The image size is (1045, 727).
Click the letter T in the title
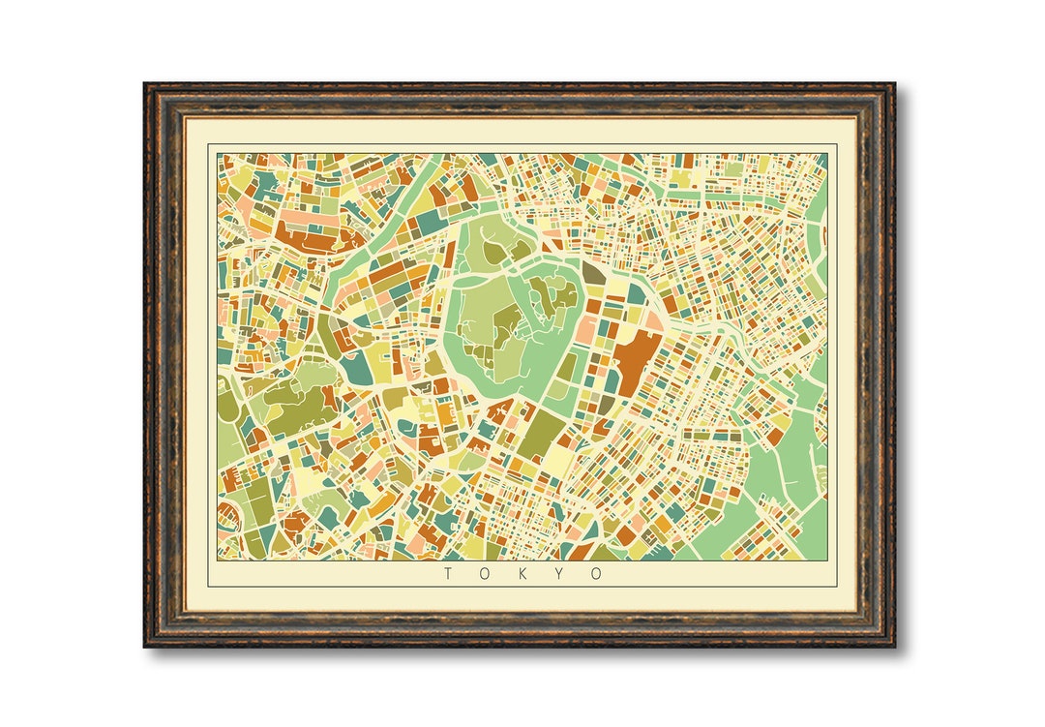coord(448,574)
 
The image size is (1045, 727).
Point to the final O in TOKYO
coord(598,574)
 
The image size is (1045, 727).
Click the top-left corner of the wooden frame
coord(146,85)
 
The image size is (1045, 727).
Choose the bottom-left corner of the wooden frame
coord(146,645)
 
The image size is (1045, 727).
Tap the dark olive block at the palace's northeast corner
coord(592,274)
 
